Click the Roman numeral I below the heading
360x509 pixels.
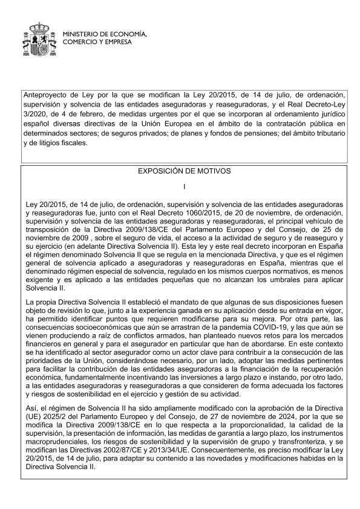(x=184, y=186)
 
